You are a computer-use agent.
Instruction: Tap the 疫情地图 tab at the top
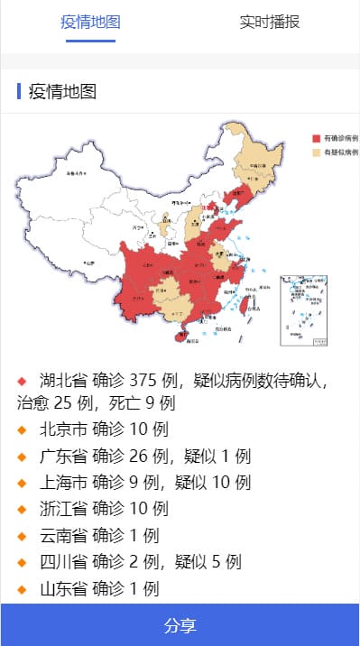coord(90,23)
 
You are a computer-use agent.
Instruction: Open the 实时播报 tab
coord(269,23)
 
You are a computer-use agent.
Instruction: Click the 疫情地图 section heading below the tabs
coord(62,91)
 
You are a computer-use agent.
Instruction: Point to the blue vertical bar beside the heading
coord(19,91)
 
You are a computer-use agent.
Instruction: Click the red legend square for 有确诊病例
coord(316,139)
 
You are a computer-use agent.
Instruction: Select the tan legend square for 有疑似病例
coord(316,152)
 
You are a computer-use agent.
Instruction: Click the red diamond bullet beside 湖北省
coord(23,379)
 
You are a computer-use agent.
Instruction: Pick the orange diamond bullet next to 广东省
coord(23,457)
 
